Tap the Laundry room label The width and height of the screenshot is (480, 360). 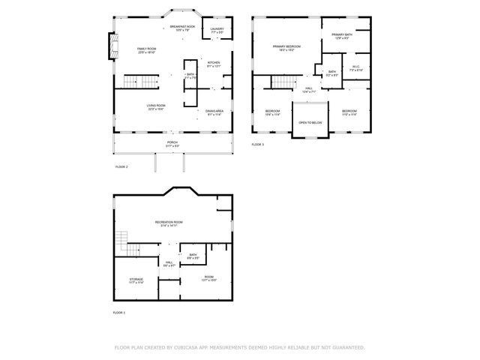coord(217,30)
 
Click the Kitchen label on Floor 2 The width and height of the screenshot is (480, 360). coord(214,64)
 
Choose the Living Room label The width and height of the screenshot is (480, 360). coord(156,106)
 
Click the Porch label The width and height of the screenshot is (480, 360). coord(172,142)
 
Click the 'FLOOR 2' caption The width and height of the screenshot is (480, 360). coord(121,166)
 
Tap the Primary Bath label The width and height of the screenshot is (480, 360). coord(341,35)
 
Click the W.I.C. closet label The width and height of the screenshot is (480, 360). coord(356,67)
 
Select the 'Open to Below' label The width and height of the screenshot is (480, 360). coord(310,122)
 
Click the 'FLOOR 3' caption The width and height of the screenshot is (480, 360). coord(258,144)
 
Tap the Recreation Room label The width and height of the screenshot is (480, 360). coord(169,223)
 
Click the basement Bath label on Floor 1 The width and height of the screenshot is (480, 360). coord(193,256)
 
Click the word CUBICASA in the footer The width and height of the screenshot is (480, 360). coord(191,347)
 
